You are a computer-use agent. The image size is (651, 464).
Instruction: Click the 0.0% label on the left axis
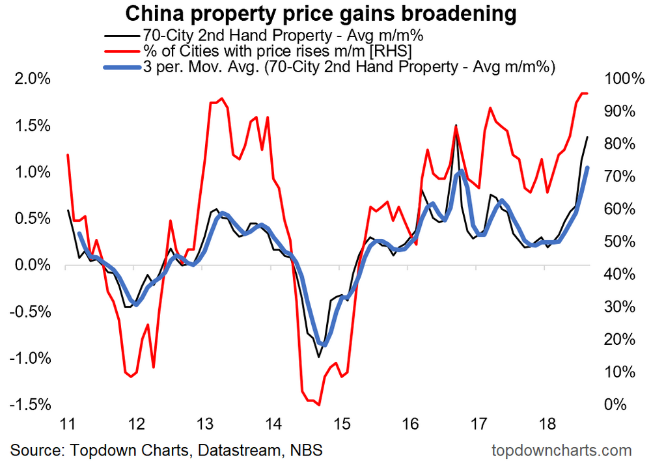pyautogui.click(x=31, y=266)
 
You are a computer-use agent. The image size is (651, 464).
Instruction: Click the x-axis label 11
pyautogui.click(x=67, y=425)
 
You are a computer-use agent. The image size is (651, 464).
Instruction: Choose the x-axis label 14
pyautogui.click(x=273, y=425)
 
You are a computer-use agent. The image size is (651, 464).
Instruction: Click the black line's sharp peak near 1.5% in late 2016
pyautogui.click(x=456, y=125)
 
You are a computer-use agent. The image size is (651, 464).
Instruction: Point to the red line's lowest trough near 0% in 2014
pyautogui.click(x=319, y=405)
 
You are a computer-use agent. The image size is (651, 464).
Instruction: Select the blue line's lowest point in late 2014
pyautogui.click(x=322, y=344)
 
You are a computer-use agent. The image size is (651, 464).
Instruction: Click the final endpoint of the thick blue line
pyautogui.click(x=588, y=168)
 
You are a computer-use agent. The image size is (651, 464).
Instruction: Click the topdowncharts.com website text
pyautogui.click(x=562, y=450)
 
